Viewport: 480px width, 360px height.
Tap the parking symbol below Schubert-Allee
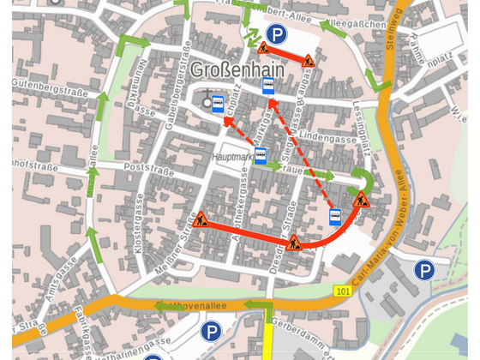(x=276, y=34)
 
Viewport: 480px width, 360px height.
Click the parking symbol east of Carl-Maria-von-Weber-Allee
(x=424, y=271)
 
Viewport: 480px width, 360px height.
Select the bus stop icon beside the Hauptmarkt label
(x=261, y=156)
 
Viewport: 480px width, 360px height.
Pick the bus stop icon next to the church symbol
(x=219, y=105)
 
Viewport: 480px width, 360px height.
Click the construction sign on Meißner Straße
(x=201, y=220)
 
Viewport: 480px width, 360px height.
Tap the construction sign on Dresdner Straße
(x=294, y=243)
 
